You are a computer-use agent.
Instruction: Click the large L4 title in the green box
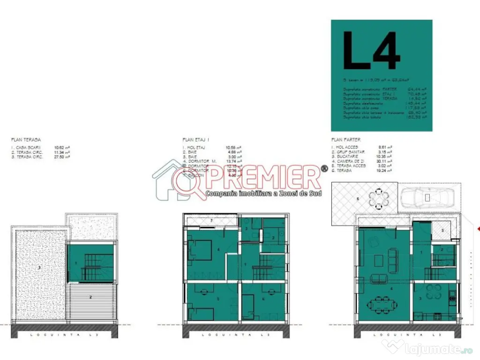[371, 51]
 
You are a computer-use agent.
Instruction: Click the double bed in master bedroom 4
[200, 250]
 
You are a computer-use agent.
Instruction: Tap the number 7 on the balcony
[211, 219]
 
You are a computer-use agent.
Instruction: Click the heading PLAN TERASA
[26, 140]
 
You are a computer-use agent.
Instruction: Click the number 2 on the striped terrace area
[91, 297]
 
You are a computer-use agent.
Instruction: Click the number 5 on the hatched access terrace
[443, 231]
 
